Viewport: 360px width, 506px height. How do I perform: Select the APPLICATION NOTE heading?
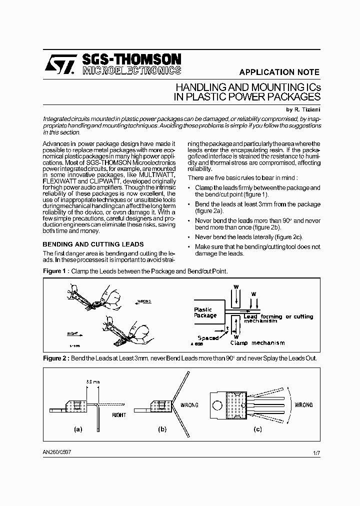click(279, 72)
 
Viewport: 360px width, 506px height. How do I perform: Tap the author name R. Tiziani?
click(302, 109)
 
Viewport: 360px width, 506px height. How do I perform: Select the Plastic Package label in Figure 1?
click(205, 312)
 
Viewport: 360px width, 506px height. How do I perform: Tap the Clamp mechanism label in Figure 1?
click(257, 343)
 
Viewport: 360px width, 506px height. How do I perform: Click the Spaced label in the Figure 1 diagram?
click(208, 338)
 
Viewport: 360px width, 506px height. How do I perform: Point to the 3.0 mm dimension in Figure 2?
click(93, 381)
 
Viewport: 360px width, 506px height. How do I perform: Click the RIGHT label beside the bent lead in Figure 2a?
click(119, 414)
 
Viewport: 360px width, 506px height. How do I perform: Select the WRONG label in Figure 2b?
click(188, 405)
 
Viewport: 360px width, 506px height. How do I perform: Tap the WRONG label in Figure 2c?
click(303, 405)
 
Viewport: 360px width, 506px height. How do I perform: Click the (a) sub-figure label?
click(78, 429)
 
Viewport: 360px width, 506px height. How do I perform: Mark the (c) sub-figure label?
click(258, 429)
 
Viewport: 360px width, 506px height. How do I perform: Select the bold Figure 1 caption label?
click(55, 271)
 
